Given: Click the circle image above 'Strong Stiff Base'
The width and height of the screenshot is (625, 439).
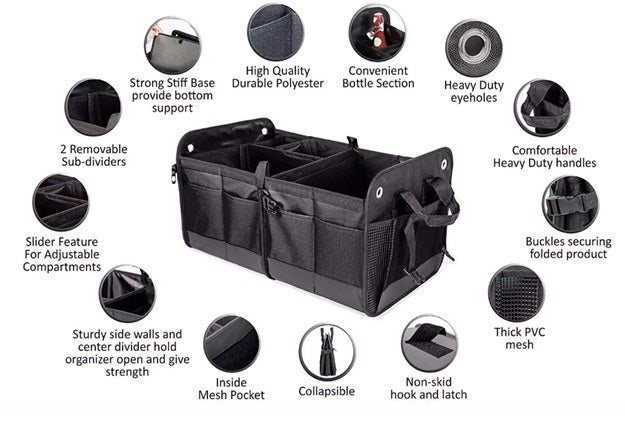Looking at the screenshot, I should tap(172, 44).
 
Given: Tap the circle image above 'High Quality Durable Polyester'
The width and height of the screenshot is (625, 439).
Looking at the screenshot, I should tap(277, 32).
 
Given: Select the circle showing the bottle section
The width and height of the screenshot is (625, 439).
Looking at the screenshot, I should tap(377, 33).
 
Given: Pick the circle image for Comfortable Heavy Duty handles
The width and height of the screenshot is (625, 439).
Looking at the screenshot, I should tap(542, 108).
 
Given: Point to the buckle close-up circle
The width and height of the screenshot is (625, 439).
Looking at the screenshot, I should tap(571, 203).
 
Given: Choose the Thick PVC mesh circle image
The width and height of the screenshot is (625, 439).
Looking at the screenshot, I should tap(516, 294).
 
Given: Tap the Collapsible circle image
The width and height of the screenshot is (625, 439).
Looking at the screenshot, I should tap(326, 351).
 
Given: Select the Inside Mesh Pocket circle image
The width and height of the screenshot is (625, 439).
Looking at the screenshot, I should tap(232, 343).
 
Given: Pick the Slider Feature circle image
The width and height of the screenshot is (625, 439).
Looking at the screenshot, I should tap(60, 202).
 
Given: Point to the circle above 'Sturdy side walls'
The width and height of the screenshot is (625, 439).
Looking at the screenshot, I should tap(127, 293).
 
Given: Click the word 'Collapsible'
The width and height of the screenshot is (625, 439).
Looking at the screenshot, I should tap(326, 391).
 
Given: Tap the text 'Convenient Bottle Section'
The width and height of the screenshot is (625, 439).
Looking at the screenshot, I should tap(378, 77).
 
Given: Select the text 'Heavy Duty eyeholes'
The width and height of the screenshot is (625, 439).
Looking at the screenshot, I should tap(474, 91).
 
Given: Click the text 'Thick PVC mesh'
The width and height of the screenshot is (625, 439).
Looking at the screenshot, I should tap(518, 338).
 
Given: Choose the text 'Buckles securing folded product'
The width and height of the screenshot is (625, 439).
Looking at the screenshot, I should tap(567, 247).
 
